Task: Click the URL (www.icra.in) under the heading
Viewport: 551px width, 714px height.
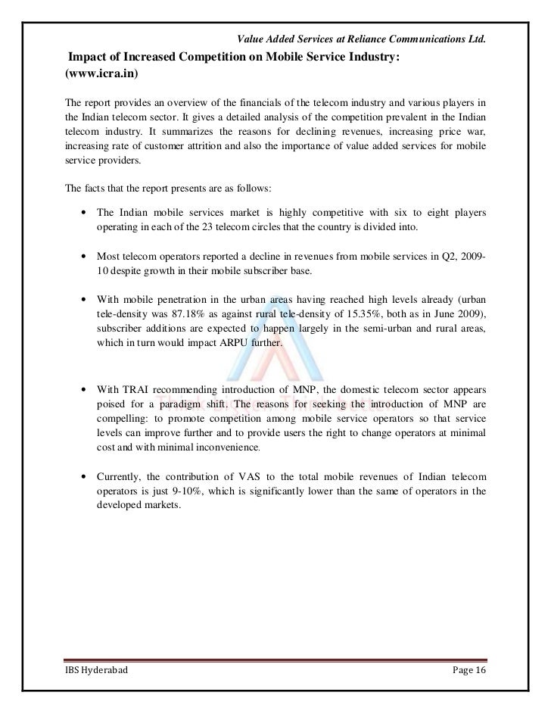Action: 101,76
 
